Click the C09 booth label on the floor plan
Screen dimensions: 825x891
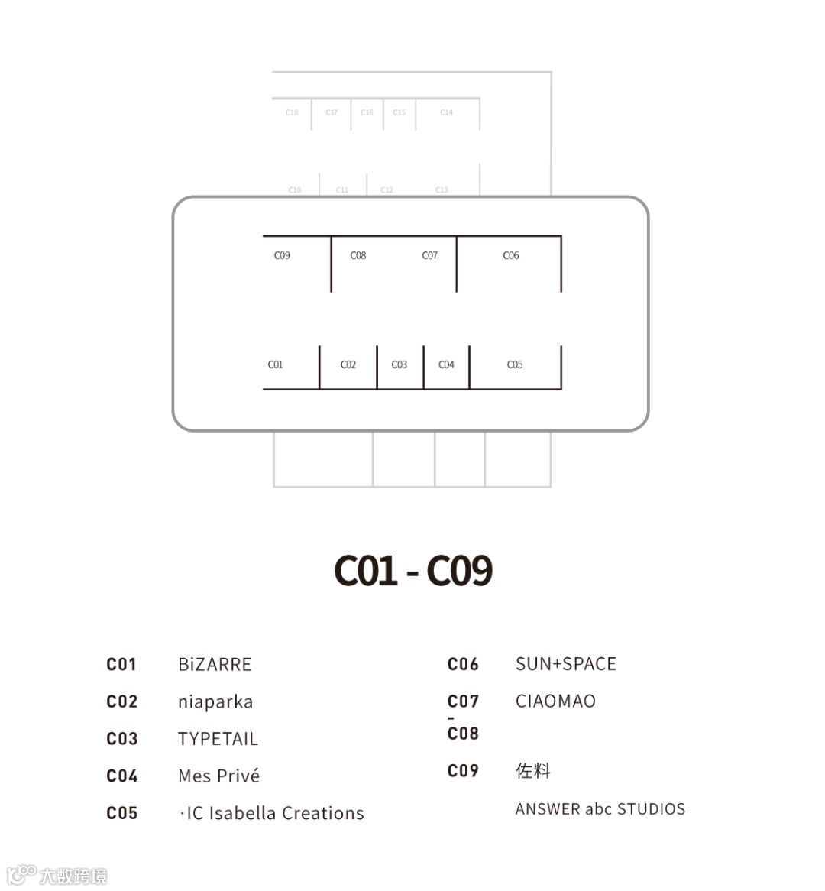tap(282, 255)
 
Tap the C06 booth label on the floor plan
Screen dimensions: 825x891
tap(511, 255)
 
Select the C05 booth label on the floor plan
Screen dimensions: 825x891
tap(515, 364)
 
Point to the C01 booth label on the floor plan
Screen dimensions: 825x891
tap(275, 364)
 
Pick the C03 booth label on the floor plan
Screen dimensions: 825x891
tap(400, 364)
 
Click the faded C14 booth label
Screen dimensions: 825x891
tap(446, 112)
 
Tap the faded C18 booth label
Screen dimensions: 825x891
tap(292, 112)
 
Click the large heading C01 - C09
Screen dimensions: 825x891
tap(413, 570)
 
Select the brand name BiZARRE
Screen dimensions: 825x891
tap(215, 665)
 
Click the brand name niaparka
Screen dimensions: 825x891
tap(215, 702)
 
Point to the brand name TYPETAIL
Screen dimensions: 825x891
tap(218, 739)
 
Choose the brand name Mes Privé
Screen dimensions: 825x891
tap(218, 776)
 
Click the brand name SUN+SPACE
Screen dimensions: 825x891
tap(566, 664)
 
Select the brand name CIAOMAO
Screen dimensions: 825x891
tap(555, 701)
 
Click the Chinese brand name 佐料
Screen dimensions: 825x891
tap(533, 770)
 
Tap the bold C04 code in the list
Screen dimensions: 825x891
tap(122, 776)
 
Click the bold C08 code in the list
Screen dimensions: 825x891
tap(463, 734)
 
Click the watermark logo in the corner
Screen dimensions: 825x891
tap(57, 876)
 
